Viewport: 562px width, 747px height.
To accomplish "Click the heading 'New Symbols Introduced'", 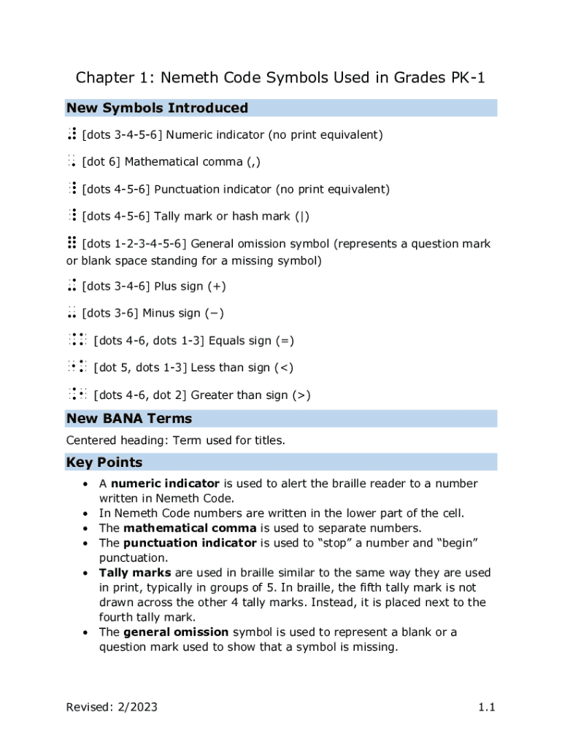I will pyautogui.click(x=157, y=108).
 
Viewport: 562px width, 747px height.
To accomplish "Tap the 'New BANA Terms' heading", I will pyautogui.click(x=129, y=419).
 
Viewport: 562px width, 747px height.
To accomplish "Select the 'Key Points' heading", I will pyautogui.click(x=104, y=462).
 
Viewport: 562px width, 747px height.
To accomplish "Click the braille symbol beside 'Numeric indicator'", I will pyautogui.click(x=72, y=135).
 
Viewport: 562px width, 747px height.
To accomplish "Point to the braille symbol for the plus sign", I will pyautogui.click(x=72, y=287).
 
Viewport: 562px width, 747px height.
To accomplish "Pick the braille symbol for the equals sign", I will pyautogui.click(x=78, y=341).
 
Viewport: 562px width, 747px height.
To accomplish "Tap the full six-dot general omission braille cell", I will pyautogui.click(x=72, y=244).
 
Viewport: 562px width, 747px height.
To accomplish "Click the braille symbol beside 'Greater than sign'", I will pyautogui.click(x=78, y=395).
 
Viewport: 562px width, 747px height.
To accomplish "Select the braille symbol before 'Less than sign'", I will pyautogui.click(x=78, y=368).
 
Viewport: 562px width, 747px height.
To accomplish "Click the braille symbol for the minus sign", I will pyautogui.click(x=72, y=314).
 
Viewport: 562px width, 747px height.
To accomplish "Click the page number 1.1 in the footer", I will pyautogui.click(x=488, y=707).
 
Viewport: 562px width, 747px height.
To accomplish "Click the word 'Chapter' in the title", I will pyautogui.click(x=102, y=78).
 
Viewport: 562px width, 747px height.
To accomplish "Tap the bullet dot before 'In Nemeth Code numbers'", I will pyautogui.click(x=86, y=514).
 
